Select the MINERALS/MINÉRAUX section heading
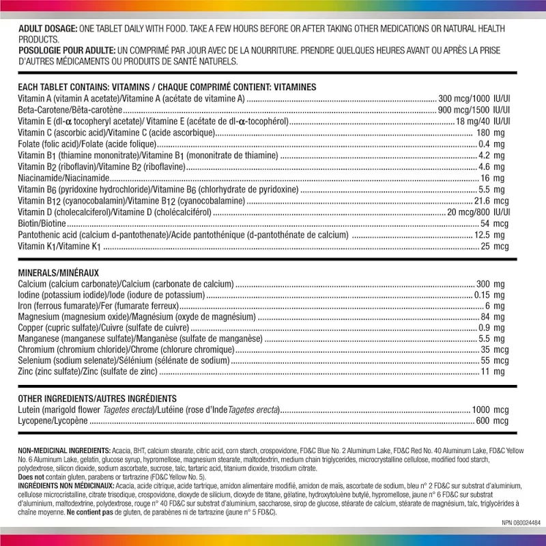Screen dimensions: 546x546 pyautogui.click(x=59, y=272)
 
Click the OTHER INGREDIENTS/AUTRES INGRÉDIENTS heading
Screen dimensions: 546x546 pyautogui.click(x=98, y=399)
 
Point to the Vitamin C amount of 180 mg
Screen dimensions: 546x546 pyautogui.click(x=490, y=132)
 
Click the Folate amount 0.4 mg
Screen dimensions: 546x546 pyautogui.click(x=491, y=143)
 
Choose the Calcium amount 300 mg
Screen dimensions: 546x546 pyautogui.click(x=490, y=283)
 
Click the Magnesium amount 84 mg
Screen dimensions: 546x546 pyautogui.click(x=493, y=317)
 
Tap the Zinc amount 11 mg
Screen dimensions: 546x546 pyautogui.click(x=493, y=372)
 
